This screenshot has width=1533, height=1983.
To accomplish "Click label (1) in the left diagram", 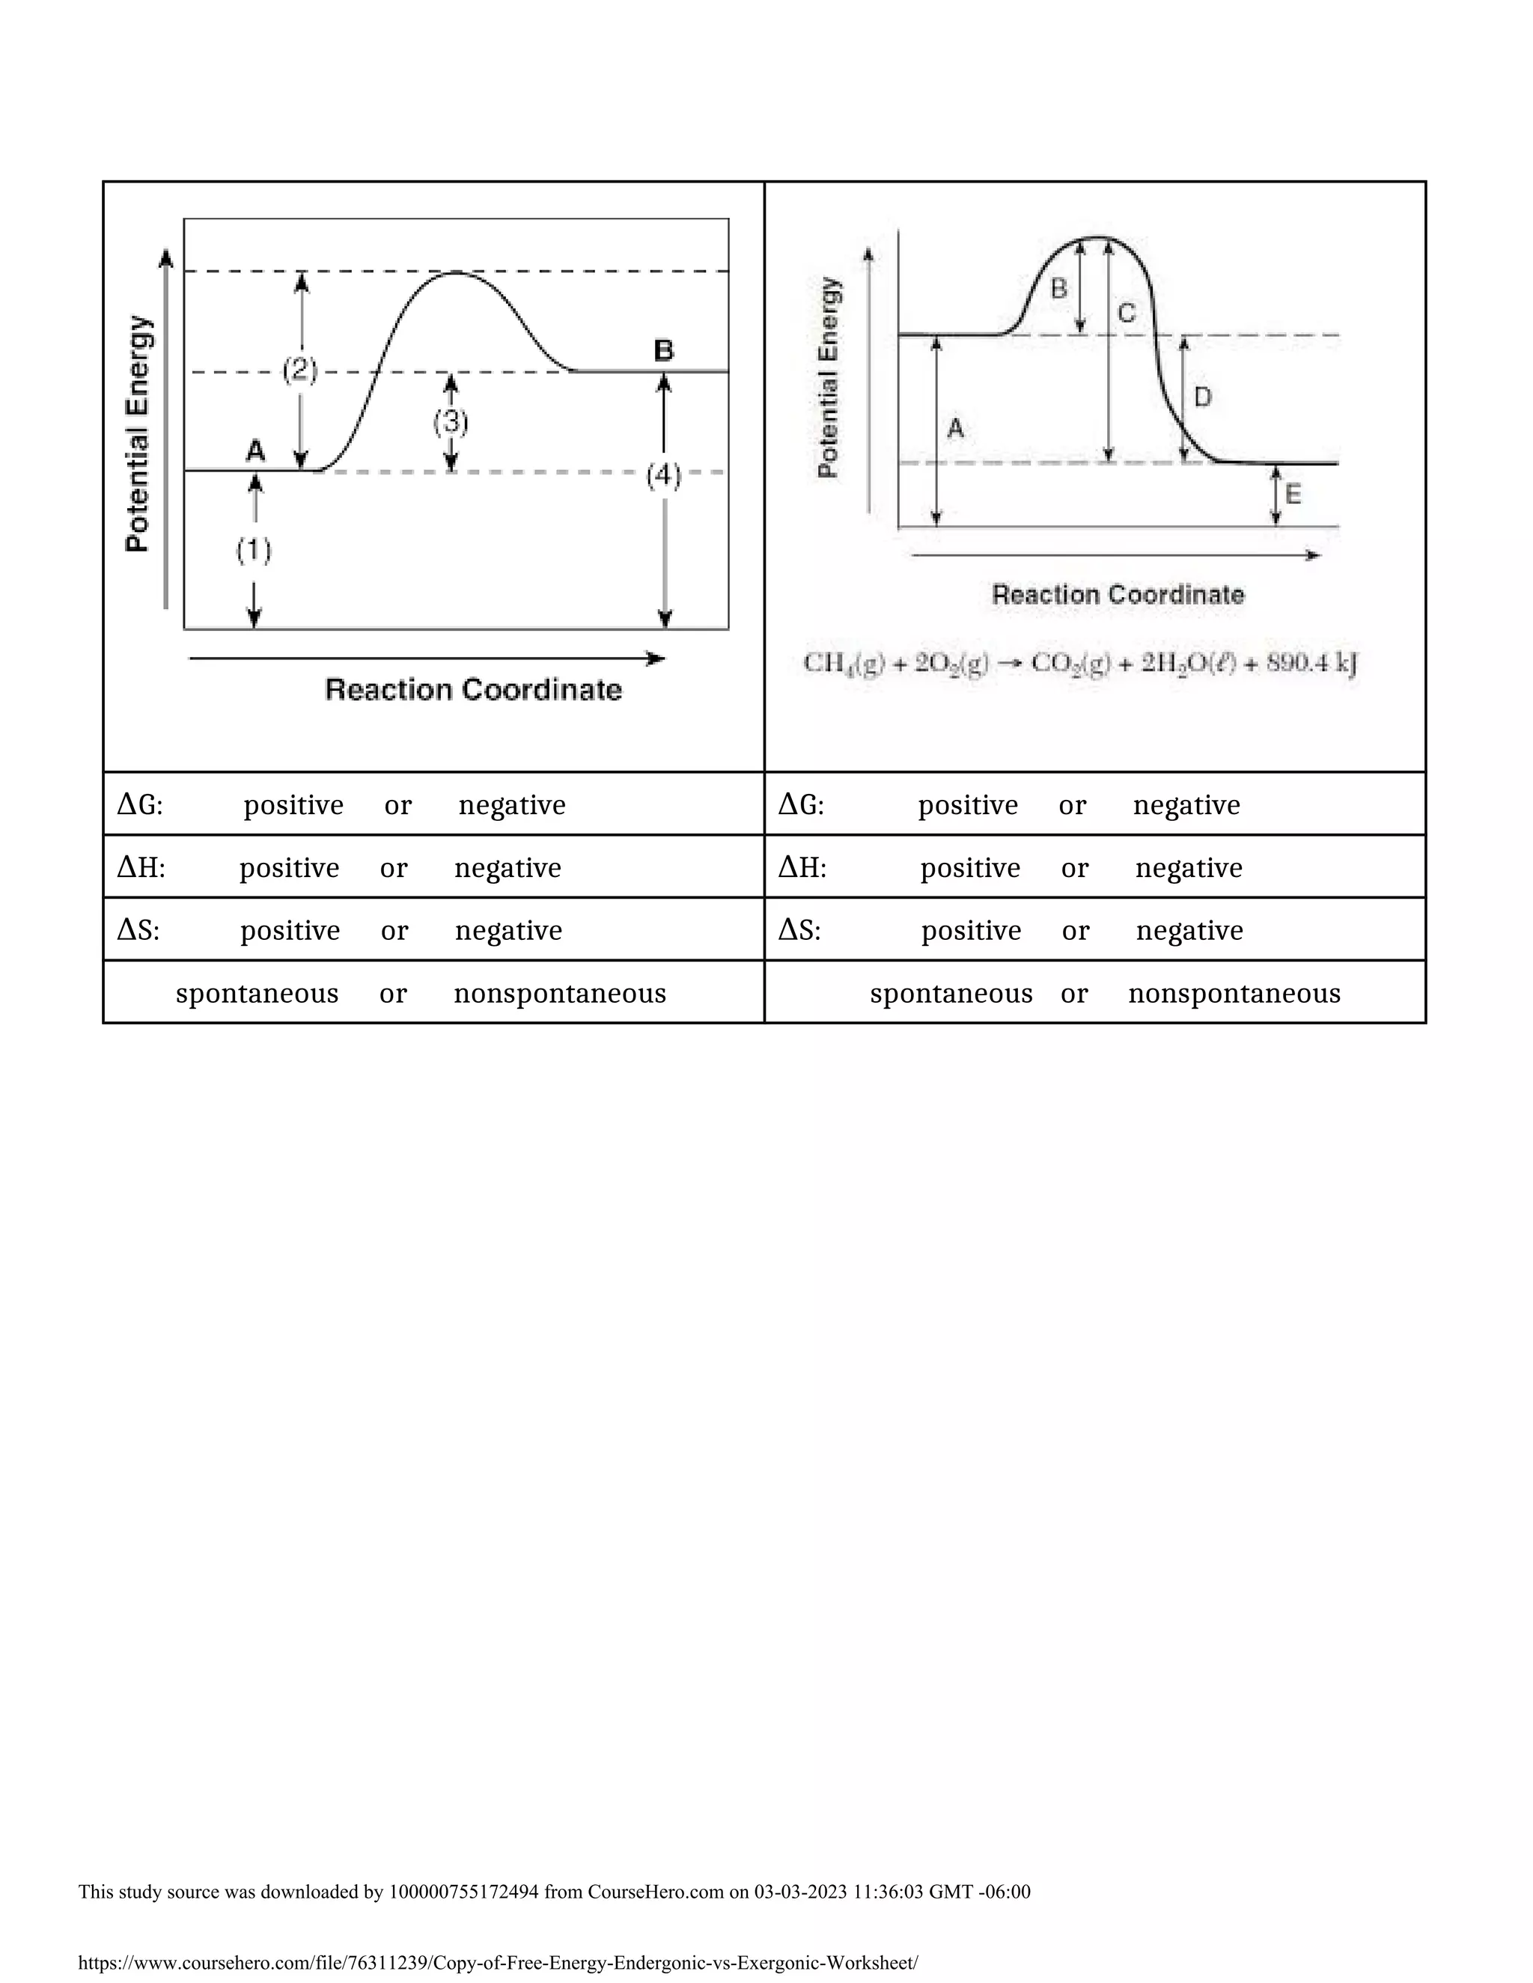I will [x=255, y=550].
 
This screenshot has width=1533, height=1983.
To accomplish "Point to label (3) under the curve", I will [x=451, y=422].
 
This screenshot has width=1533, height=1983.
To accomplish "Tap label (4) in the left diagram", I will [x=664, y=476].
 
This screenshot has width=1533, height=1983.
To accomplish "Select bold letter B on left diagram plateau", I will [x=664, y=350].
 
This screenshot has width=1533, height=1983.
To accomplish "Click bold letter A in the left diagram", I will [x=256, y=450].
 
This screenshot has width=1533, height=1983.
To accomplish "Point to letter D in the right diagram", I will [x=1202, y=397].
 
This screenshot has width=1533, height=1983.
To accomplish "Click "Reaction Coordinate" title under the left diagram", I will [x=473, y=690].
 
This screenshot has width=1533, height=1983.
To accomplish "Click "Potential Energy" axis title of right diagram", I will [x=829, y=378].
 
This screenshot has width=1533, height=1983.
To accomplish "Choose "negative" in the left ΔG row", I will [x=512, y=805].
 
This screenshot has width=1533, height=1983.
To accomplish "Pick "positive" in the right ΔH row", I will [x=970, y=868].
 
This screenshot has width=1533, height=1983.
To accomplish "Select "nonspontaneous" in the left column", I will [x=559, y=993].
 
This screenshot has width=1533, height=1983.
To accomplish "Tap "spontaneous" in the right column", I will [x=951, y=993].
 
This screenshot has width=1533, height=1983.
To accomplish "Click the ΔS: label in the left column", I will [x=138, y=931].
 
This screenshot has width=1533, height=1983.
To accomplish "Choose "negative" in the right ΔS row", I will [x=1189, y=931].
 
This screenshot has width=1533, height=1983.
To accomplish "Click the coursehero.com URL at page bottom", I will [x=498, y=1962].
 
